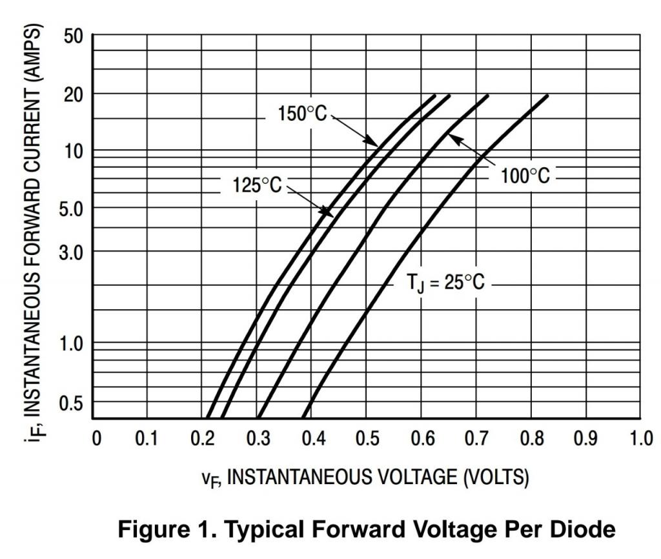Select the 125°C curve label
coord(257,186)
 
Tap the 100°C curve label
coord(526,176)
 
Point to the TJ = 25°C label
coord(445,283)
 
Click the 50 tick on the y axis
coord(74,36)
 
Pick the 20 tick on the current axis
coord(74,94)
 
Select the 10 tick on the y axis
coord(74,151)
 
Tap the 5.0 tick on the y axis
coord(71,208)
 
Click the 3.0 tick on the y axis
coord(71,251)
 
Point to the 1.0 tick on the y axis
coord(71,343)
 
